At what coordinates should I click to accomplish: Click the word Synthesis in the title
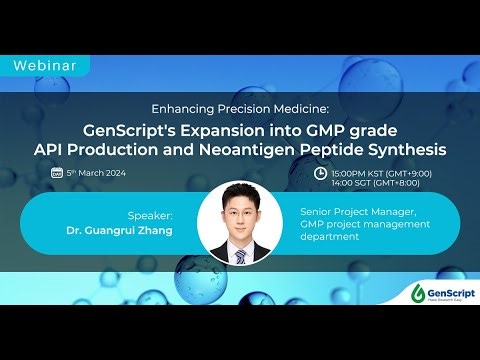pos(409,150)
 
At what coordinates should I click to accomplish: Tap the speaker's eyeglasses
pos(239,212)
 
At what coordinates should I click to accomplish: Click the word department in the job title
pos(331,236)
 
